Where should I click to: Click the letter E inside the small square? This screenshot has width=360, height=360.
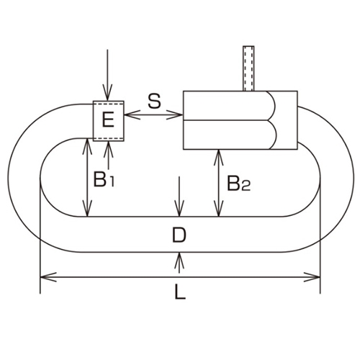pos(107,120)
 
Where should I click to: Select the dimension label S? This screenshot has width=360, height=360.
pos(153,101)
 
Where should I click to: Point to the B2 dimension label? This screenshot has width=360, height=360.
pos(238,184)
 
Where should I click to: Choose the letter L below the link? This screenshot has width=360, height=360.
pos(180,294)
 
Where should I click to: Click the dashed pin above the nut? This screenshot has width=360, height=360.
pos(249,69)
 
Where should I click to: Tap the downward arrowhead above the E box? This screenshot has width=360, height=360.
pos(107,95)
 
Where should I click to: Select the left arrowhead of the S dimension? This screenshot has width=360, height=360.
pos(128,112)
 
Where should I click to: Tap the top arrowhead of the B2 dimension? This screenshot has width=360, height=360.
pos(217,154)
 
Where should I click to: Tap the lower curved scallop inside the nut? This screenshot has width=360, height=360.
pos(272,135)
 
